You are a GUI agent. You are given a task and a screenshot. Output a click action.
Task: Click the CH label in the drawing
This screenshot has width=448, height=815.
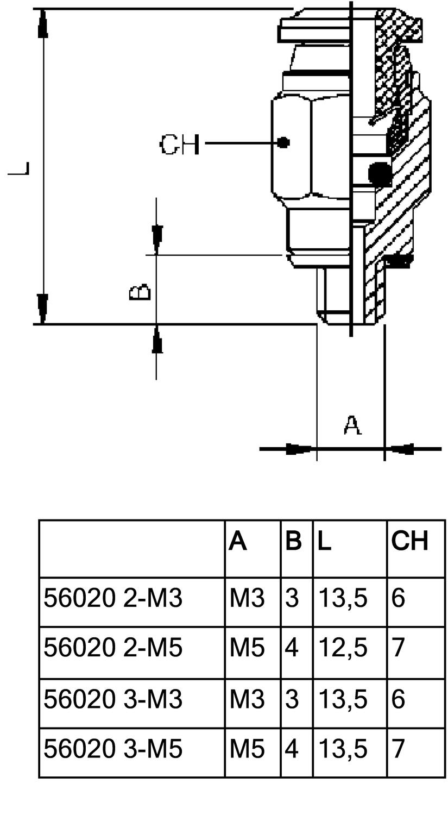coord(179,145)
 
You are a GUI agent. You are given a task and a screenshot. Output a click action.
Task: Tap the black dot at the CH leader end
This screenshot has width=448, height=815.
coord(283,143)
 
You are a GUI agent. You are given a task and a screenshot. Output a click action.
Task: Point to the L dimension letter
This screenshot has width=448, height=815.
coord(20,168)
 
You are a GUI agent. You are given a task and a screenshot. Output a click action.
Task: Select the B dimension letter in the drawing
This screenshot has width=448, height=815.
coord(140,292)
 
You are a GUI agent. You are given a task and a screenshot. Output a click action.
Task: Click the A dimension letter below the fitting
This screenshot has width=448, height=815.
coord(352,425)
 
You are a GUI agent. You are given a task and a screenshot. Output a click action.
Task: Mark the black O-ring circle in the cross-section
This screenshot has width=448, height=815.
coord(379,173)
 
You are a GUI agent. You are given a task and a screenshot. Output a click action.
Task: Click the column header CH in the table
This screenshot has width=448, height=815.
coord(410,541)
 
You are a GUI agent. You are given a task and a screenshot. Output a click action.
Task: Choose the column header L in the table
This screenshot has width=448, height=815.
coord(324,541)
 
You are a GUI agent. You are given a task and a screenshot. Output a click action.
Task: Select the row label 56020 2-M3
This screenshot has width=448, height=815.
coord(113,598)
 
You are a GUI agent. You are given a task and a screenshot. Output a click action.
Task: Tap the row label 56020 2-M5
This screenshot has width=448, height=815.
coord(113,648)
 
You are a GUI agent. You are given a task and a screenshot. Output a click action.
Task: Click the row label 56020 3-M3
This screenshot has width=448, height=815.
coord(113,699)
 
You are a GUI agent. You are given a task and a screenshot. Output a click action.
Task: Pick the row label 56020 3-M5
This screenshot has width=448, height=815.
coord(113,749)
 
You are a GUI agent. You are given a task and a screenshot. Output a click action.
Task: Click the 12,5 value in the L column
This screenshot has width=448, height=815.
coord(343,648)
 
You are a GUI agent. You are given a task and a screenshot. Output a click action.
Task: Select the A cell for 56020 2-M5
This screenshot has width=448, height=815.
coord(247,648)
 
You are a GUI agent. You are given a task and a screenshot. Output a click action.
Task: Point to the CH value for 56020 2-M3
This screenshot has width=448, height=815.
coord(398,598)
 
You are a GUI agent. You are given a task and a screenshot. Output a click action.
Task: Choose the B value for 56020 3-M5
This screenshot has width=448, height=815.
coord(292,749)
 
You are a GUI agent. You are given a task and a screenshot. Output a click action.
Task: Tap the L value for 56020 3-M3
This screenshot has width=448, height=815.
coord(343,699)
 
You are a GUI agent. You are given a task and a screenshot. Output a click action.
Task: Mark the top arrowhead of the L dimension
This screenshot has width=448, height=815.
coord(42,24)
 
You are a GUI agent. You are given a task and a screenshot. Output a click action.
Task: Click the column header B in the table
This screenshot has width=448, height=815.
coord(293,541)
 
